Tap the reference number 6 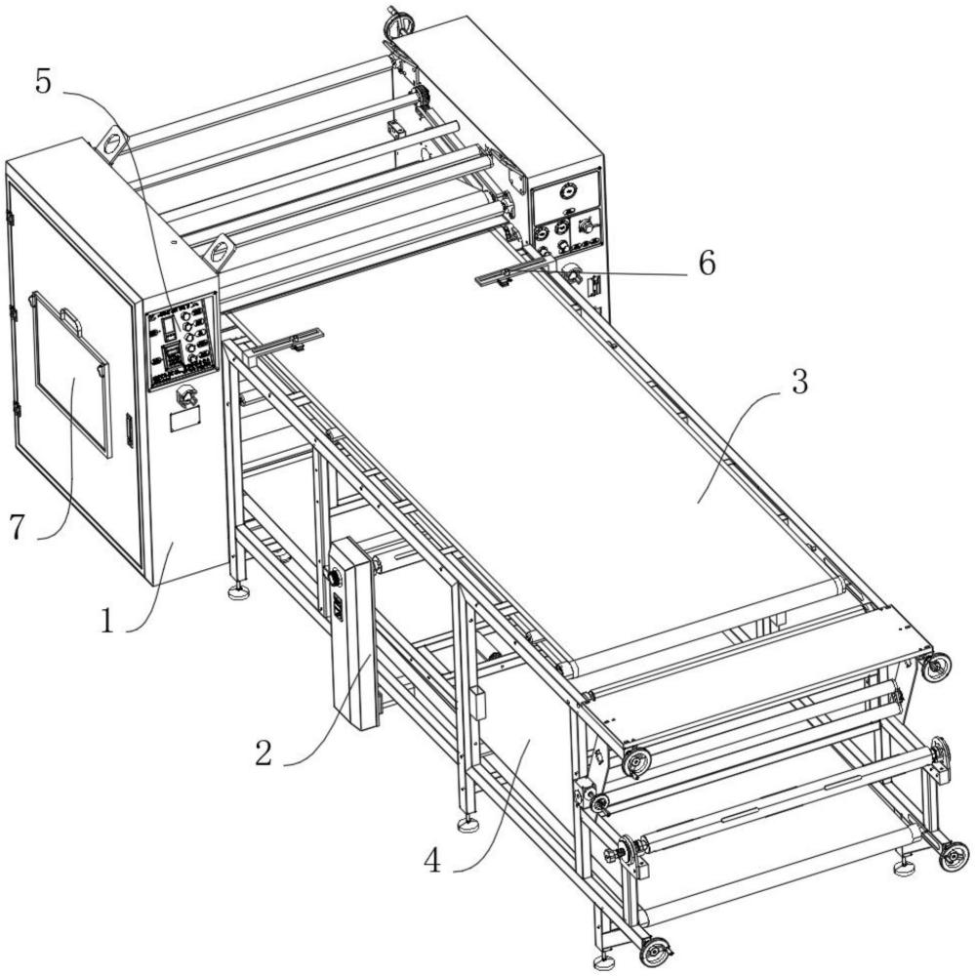705,263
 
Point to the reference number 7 16,527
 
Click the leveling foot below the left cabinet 237,591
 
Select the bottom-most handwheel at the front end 654,951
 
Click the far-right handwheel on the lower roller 954,856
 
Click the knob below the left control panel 185,396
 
